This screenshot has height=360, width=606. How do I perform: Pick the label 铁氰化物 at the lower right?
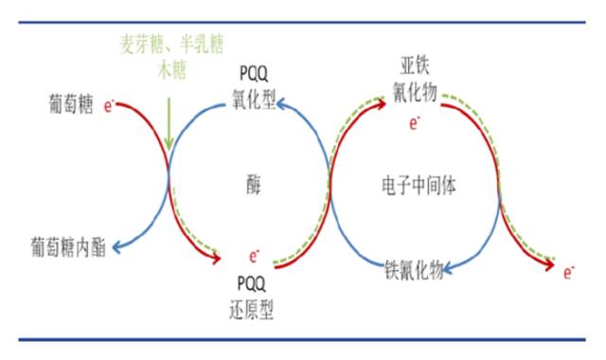(414, 269)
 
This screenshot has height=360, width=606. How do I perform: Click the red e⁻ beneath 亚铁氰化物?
(415, 122)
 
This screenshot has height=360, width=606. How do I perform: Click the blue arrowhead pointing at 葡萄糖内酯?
(116, 248)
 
